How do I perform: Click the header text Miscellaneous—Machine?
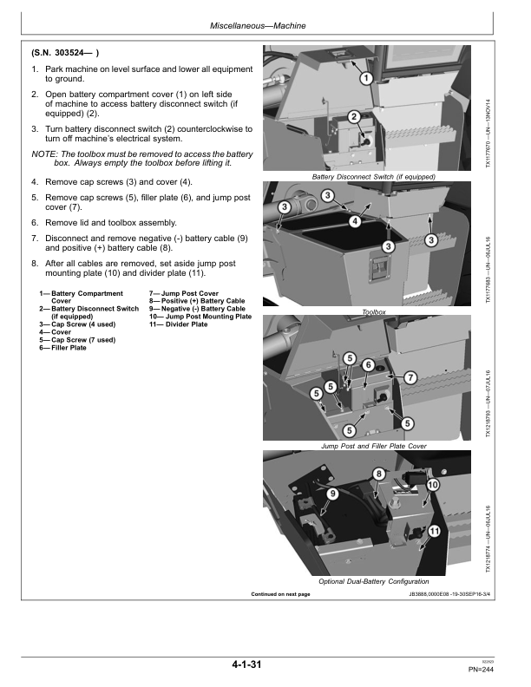click(x=258, y=26)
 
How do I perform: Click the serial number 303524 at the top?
click(x=72, y=53)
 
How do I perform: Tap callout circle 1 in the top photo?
click(x=366, y=79)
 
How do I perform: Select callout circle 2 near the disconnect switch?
click(x=354, y=117)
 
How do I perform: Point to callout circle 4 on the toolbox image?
click(x=355, y=222)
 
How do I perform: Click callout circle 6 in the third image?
click(x=369, y=364)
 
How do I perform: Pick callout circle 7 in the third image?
click(x=410, y=377)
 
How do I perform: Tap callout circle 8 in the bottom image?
click(x=379, y=474)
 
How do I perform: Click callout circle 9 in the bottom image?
click(x=333, y=494)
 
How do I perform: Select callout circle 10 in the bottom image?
click(x=432, y=485)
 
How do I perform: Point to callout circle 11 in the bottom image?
click(x=434, y=532)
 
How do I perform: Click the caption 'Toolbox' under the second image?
click(x=374, y=312)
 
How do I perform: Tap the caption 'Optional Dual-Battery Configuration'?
click(x=374, y=581)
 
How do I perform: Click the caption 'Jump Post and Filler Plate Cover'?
click(x=374, y=446)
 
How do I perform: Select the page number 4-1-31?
click(x=246, y=664)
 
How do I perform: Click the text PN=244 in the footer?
click(x=481, y=670)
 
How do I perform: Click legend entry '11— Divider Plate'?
click(x=179, y=324)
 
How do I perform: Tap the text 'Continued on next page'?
click(x=280, y=594)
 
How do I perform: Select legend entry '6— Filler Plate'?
click(x=62, y=348)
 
